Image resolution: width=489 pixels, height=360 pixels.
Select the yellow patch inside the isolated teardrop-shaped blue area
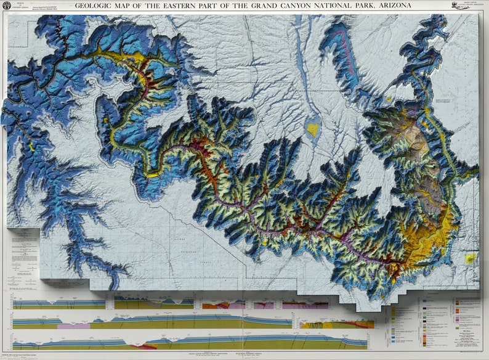(x=313, y=129)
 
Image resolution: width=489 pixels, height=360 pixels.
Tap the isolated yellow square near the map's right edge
(x=471, y=258)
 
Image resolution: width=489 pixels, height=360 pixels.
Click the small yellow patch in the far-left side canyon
(x=31, y=146)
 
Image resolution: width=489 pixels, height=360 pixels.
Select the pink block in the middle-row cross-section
(x=73, y=325)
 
